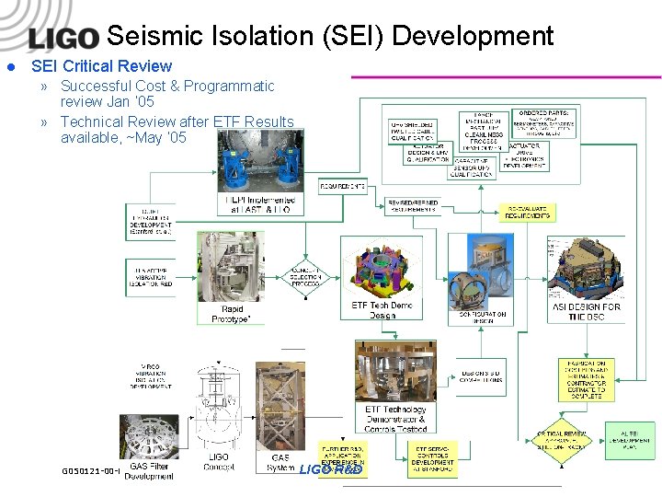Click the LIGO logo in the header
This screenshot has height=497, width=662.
[x=63, y=38]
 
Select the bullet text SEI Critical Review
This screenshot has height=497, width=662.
[x=101, y=66]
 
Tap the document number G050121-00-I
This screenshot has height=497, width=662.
[x=91, y=470]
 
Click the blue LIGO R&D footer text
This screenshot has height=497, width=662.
[x=331, y=469]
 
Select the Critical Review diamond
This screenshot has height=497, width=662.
[x=561, y=440]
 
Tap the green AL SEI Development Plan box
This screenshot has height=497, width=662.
[x=630, y=441]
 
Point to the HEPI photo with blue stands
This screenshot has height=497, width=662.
[x=259, y=161]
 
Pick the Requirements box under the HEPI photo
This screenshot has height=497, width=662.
[x=343, y=186]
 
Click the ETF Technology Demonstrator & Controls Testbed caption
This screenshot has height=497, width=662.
[x=395, y=419]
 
